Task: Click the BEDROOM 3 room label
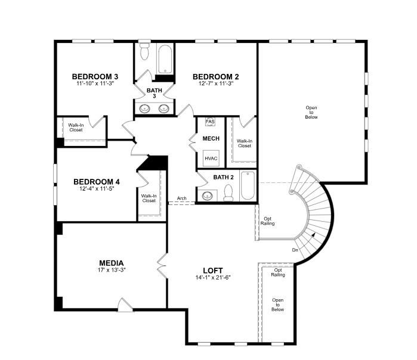tap(95, 76)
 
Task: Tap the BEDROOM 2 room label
tap(215, 76)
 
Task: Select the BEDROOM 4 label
tap(96, 181)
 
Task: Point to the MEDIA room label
tap(112, 262)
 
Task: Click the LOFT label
tap(212, 271)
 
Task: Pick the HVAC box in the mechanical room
tap(211, 159)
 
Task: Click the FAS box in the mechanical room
tap(210, 122)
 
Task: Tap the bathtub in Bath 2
tap(248, 187)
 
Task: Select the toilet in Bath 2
tap(228, 192)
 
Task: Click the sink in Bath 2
tap(208, 195)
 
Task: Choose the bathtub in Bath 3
tap(165, 59)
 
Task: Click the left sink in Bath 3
tap(145, 108)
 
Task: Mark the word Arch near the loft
tap(182, 198)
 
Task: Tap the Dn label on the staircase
tap(295, 250)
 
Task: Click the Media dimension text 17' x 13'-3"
tap(112, 269)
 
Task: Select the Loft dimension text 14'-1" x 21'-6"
tap(212, 278)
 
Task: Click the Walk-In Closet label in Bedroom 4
tap(149, 198)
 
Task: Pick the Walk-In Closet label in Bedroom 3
tap(76, 127)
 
